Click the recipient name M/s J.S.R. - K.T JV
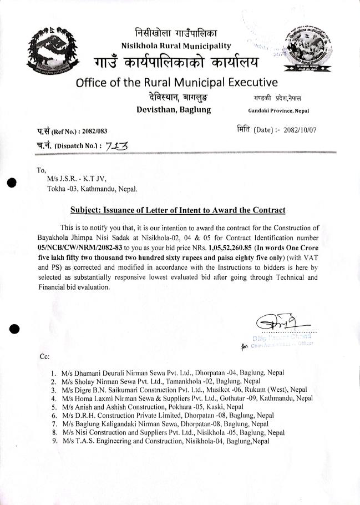pyautogui.click(x=76, y=179)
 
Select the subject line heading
pyautogui.click(x=178, y=210)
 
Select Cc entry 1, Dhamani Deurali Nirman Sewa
pyautogui.click(x=173, y=373)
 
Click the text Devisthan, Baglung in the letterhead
pyautogui.click(x=174, y=110)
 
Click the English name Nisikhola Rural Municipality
pyautogui.click(x=176, y=46)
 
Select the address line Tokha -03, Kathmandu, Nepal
pyautogui.click(x=93, y=188)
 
